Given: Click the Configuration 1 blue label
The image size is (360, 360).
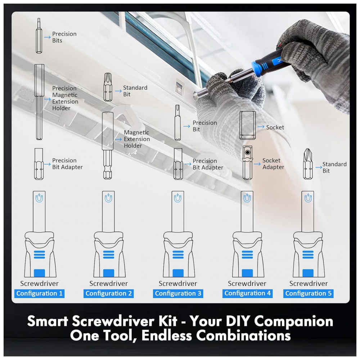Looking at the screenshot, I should coord(39,293).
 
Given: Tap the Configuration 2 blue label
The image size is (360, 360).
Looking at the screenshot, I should coord(108,293).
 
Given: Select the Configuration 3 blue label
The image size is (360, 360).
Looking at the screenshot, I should coord(178,293).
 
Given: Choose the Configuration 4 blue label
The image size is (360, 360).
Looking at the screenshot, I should coord(247,293).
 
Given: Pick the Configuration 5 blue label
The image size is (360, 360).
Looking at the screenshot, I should coord(308,293).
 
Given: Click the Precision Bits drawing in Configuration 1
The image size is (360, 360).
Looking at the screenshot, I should coord(39,36).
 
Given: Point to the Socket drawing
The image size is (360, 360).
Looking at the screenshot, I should coord(248,125).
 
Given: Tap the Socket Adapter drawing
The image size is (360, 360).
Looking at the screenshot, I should coord(247,163).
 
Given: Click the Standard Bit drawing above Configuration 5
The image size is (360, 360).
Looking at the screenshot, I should coord(307,164).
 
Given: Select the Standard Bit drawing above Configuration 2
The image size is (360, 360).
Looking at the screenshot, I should coord(108,87).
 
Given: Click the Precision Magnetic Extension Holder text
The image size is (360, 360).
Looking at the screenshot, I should coord(65,98).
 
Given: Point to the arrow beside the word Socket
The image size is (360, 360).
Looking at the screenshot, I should coord(261,127).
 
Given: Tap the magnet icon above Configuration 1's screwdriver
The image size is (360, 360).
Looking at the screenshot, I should coord(39,198).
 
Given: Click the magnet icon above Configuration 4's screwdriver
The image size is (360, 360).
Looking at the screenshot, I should coord(247,198).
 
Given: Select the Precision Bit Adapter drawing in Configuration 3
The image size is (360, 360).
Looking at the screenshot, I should coord(178,164).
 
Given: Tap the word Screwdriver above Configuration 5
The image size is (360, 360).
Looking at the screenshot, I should coord(309,284).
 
